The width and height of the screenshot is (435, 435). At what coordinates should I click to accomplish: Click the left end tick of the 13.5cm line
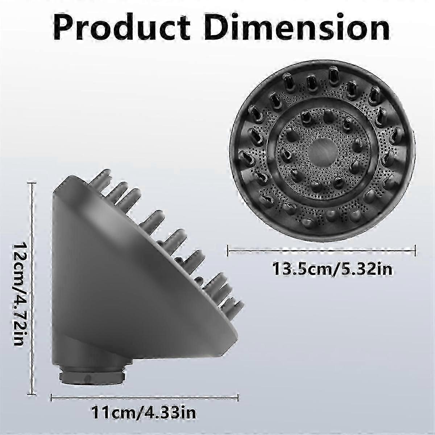(x=228, y=250)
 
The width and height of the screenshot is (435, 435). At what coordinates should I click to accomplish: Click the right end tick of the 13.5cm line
(x=415, y=250)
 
